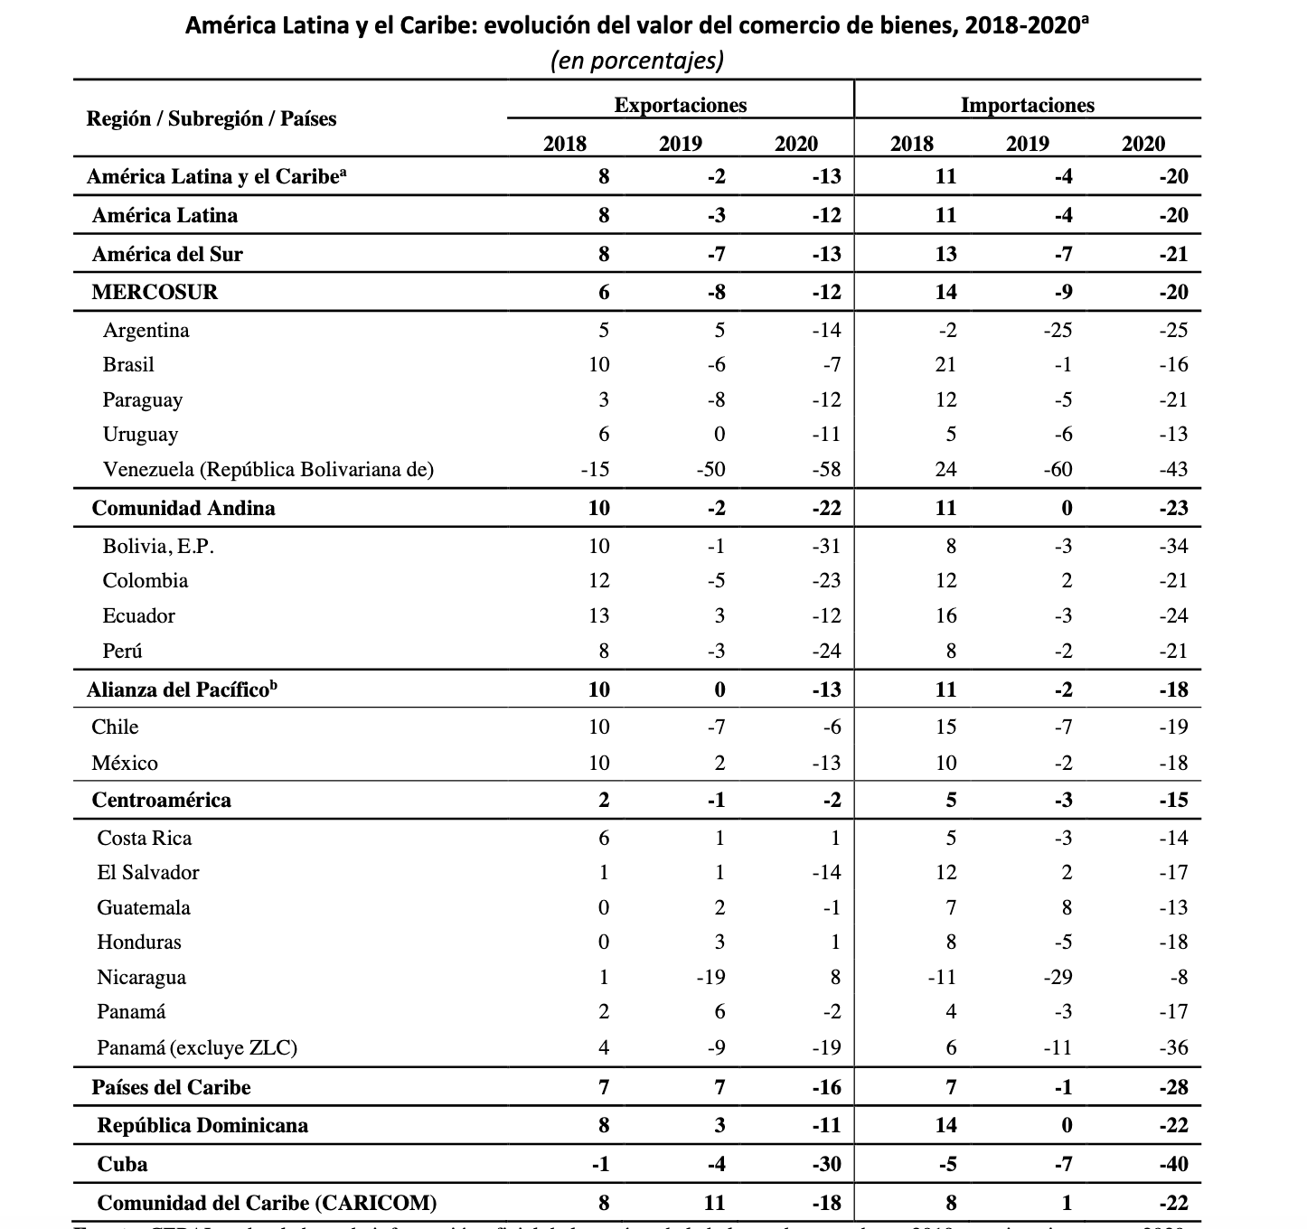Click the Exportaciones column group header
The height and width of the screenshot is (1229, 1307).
pos(680,105)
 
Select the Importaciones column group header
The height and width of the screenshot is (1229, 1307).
pos(1027,105)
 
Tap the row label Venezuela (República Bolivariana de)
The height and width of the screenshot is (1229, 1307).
pos(268,469)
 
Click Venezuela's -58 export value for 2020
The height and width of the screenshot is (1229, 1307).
pos(826,469)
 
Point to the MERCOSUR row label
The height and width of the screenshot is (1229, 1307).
pos(155,292)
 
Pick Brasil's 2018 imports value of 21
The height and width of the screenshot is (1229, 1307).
pos(945,364)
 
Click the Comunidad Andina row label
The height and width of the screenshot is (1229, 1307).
pos(183,508)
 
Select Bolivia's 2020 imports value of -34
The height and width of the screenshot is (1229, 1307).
pos(1173,546)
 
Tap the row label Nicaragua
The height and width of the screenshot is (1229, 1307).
pos(142,977)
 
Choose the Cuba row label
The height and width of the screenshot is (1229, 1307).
pos(122,1164)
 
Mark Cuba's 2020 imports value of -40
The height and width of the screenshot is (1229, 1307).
pos(1173,1164)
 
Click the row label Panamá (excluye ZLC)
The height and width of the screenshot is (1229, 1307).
pos(197,1047)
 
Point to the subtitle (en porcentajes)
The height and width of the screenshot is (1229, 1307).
pos(636,60)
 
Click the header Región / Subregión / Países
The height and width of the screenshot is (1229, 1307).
pos(212,119)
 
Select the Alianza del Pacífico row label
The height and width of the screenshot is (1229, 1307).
pos(182,690)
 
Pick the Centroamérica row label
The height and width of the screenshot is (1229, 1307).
pos(162,800)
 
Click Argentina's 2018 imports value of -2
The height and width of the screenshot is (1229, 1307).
pos(946,330)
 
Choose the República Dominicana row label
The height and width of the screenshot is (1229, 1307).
pos(202,1125)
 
